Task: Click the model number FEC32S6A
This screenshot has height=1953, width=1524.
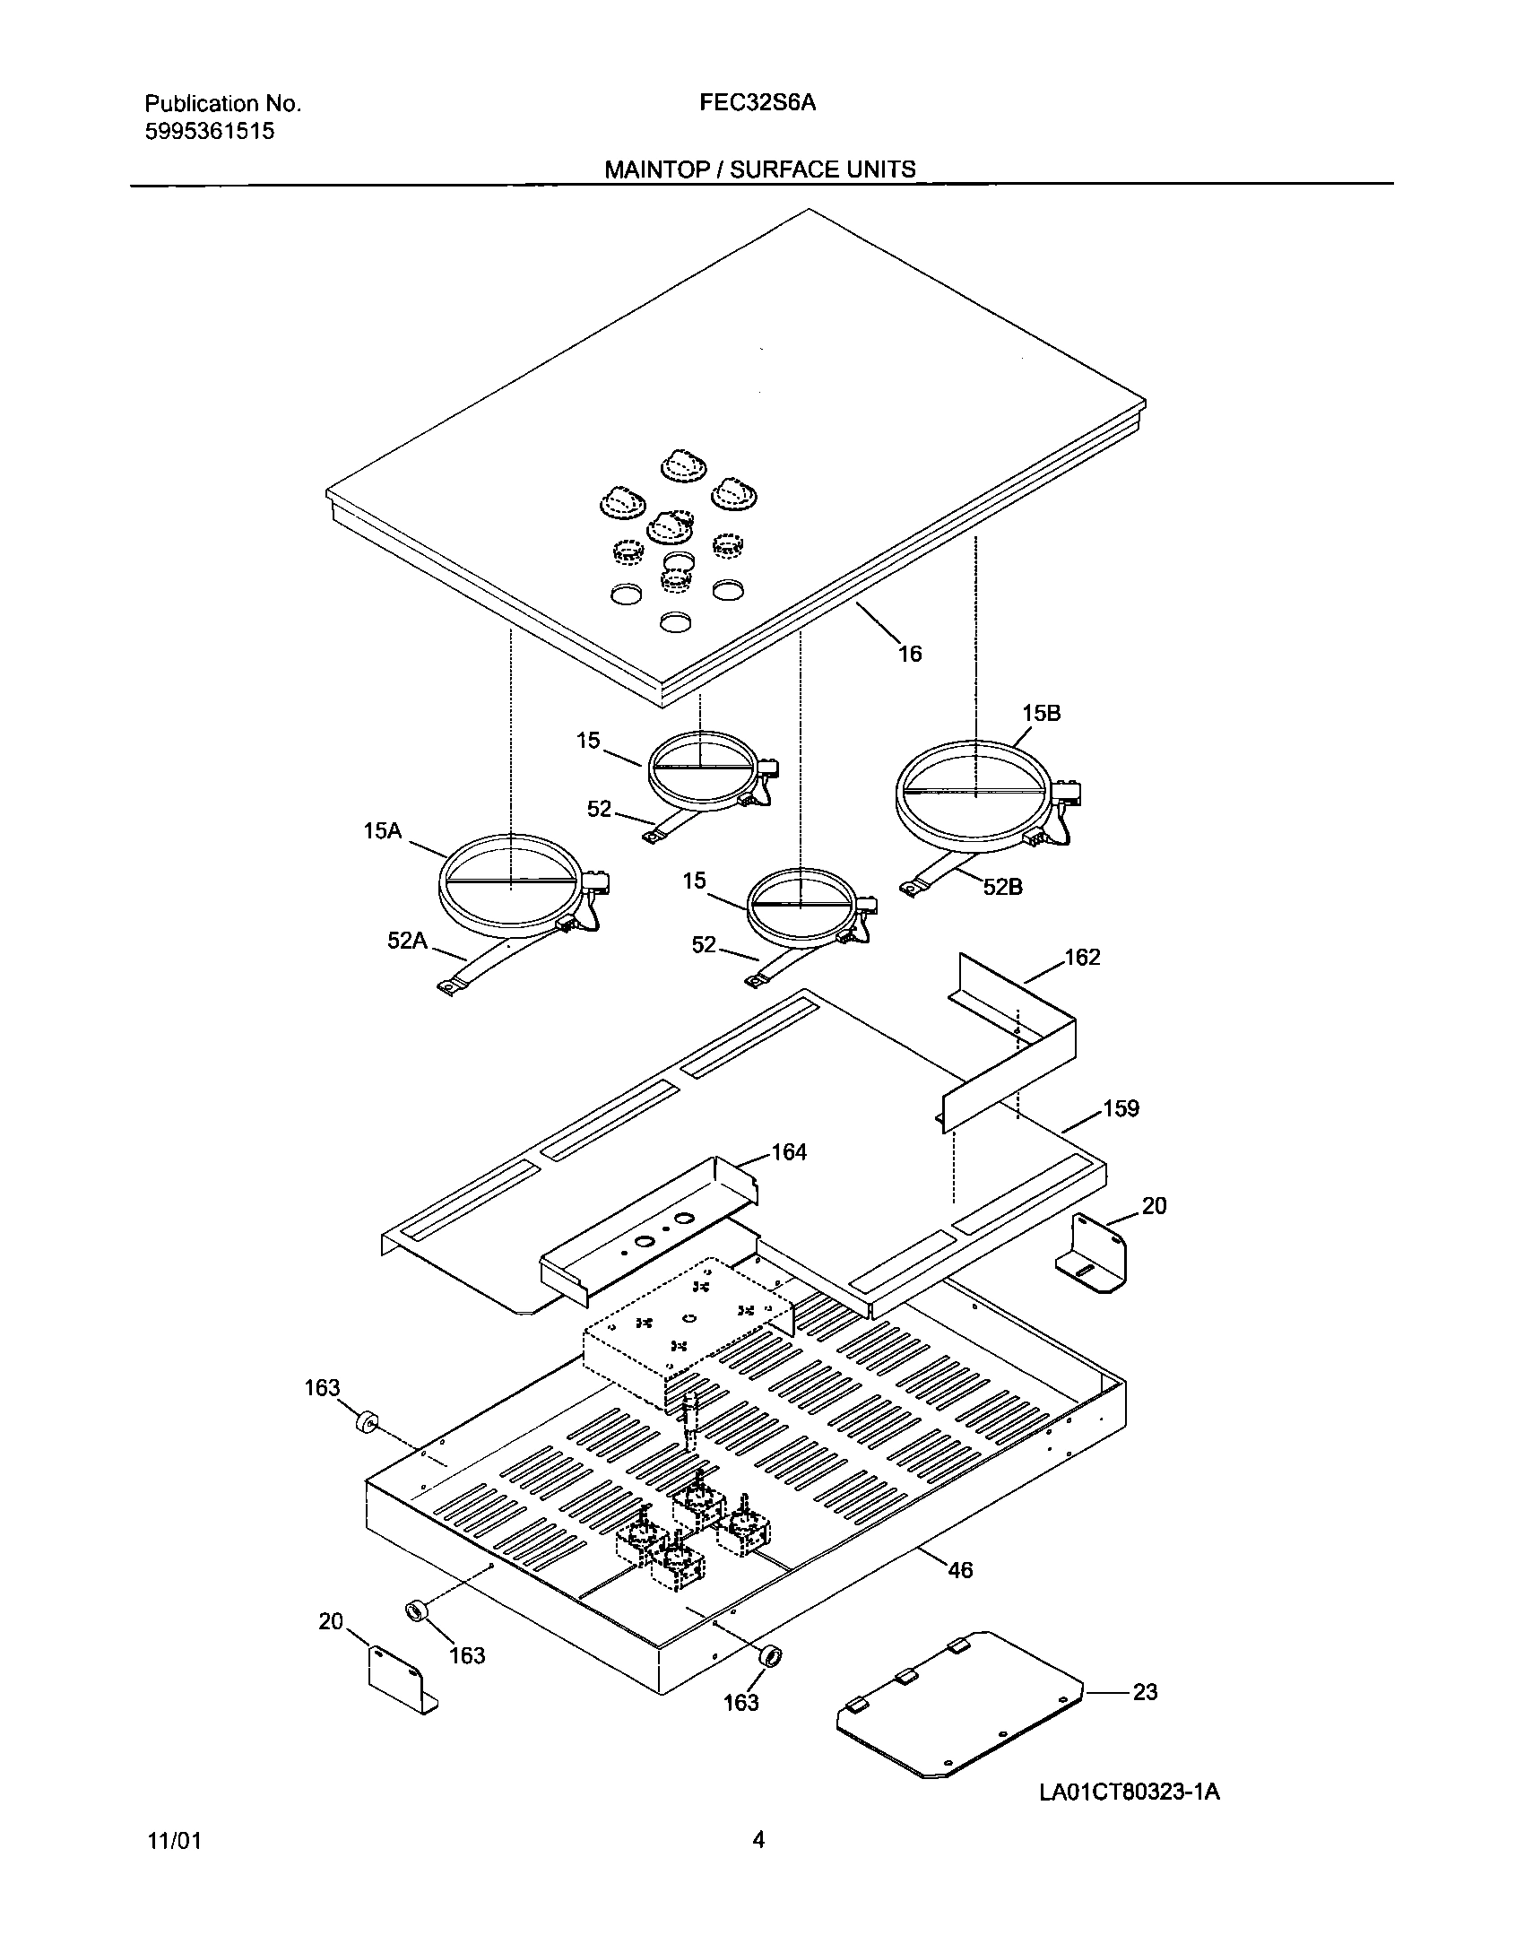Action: click(758, 103)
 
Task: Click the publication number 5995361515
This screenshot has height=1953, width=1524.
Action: click(209, 132)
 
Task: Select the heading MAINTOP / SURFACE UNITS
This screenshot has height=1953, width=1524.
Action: click(760, 169)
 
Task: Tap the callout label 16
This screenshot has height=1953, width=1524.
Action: click(910, 655)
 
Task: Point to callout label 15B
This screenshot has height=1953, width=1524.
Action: click(1041, 714)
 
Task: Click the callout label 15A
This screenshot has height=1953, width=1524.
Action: click(382, 831)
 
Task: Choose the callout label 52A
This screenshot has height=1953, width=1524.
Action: click(407, 941)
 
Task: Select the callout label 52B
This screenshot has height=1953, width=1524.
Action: click(1002, 888)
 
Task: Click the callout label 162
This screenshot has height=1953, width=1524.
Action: click(1082, 958)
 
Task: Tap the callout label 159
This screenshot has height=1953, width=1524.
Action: click(1121, 1109)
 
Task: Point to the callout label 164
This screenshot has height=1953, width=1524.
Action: click(789, 1152)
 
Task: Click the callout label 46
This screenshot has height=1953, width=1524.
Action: click(960, 1570)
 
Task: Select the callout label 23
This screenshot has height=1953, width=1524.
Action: click(1146, 1692)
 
